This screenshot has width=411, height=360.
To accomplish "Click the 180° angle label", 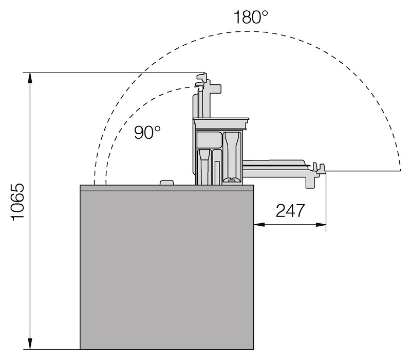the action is click(x=250, y=17).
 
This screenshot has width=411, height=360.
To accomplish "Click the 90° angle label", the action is click(x=147, y=132).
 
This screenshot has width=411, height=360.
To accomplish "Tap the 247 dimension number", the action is click(x=290, y=210).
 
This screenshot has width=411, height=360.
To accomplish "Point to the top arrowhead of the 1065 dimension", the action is click(x=30, y=78).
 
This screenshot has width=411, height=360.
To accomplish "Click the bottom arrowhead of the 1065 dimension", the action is click(x=30, y=344).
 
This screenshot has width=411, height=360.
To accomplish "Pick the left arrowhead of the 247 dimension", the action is click(x=259, y=225).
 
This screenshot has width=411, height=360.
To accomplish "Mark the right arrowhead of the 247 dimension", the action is click(x=321, y=225).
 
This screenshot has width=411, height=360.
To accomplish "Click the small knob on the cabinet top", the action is click(x=166, y=183).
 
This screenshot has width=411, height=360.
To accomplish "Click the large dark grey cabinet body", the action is click(x=166, y=270).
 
